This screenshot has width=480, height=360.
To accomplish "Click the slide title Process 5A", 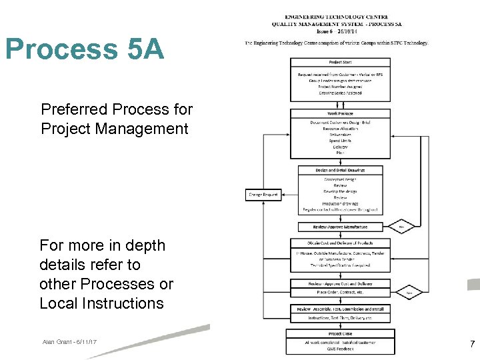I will [x=84, y=49].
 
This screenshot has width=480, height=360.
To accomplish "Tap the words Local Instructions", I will [x=101, y=303].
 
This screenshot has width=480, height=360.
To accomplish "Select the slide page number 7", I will [x=472, y=344].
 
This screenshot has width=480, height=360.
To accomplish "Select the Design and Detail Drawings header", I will [x=340, y=170].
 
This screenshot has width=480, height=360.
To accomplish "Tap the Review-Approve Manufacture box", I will [x=340, y=227].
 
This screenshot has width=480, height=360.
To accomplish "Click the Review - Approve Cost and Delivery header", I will [x=340, y=284].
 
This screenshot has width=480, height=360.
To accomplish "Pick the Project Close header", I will [x=340, y=334].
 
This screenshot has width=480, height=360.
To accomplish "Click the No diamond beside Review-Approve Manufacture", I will [x=402, y=226].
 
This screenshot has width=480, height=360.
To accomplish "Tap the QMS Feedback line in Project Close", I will [x=340, y=349].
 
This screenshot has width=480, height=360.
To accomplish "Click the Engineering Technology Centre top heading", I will [x=337, y=17].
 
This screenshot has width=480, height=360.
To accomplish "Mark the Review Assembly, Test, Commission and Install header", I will [x=340, y=309].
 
